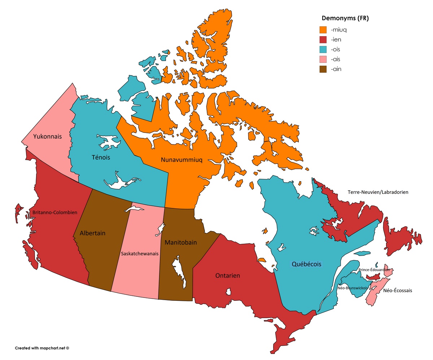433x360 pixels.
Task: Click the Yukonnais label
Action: (x=47, y=137)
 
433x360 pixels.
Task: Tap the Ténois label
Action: (x=101, y=157)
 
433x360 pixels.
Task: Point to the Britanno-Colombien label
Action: (x=55, y=213)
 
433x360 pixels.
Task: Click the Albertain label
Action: (x=93, y=233)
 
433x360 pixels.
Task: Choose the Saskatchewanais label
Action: (x=140, y=254)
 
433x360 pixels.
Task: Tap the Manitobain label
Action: (x=181, y=243)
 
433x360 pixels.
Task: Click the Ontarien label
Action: (x=228, y=276)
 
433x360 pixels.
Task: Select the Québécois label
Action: (x=306, y=264)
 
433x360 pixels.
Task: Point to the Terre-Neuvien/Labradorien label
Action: (x=378, y=192)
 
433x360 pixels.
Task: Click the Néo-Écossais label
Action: (x=398, y=290)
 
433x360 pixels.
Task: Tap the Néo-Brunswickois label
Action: (x=353, y=288)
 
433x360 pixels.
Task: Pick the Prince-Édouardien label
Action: (x=374, y=270)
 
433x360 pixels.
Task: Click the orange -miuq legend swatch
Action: (x=324, y=30)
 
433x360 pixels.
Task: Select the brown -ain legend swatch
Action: (x=324, y=69)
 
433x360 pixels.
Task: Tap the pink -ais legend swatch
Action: (x=324, y=60)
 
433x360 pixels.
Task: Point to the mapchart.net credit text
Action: (x=42, y=348)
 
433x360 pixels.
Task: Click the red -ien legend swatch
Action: (x=324, y=40)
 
